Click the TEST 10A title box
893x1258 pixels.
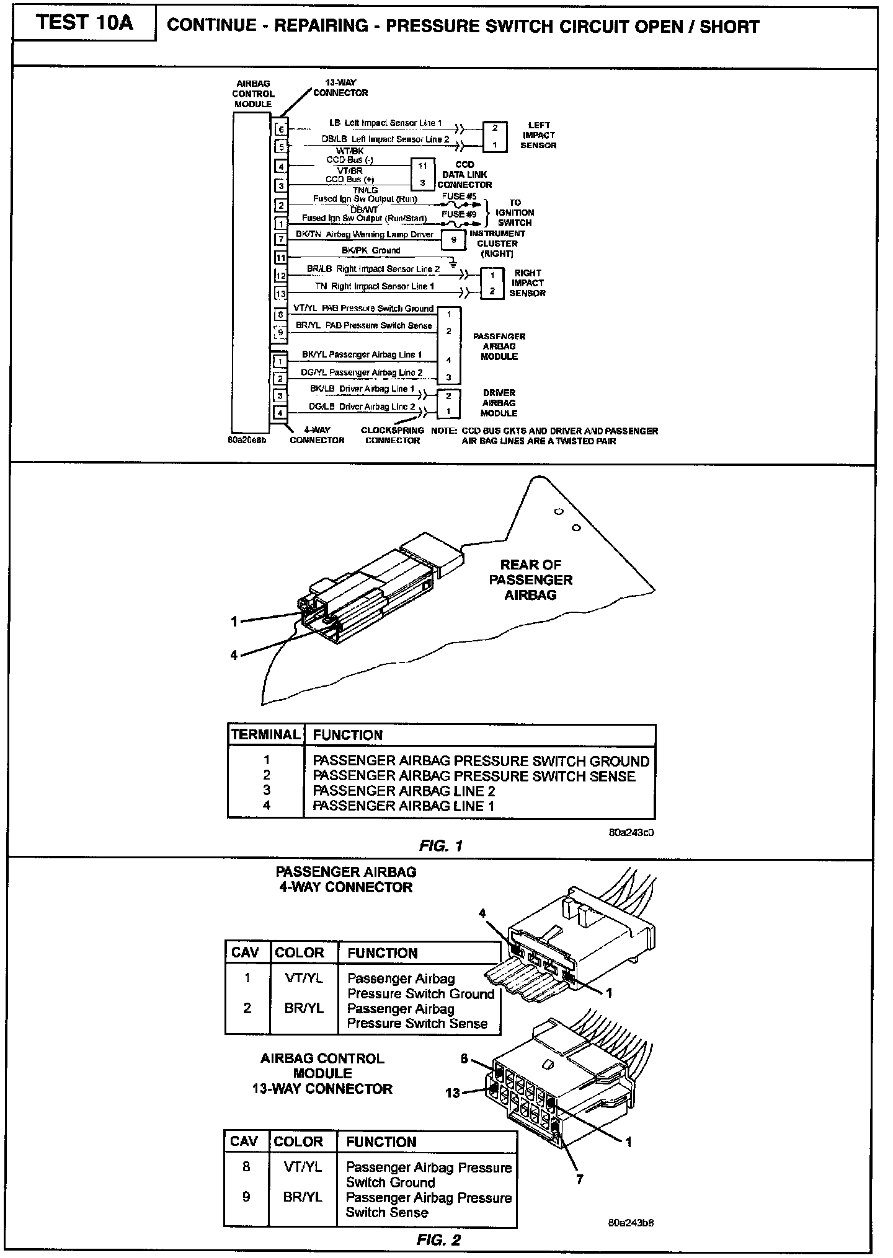(x=84, y=23)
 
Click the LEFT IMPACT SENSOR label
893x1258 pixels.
(x=538, y=135)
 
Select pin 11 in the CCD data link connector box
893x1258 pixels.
(x=422, y=166)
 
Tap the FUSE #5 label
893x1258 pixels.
(x=459, y=196)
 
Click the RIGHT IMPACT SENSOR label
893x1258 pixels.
(x=527, y=283)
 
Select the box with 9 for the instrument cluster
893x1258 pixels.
(x=454, y=239)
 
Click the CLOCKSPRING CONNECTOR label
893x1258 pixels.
(x=393, y=435)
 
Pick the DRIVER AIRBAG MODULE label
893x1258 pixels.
(x=499, y=403)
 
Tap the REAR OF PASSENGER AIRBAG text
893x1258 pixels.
(x=531, y=579)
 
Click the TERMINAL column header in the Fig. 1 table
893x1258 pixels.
(x=265, y=735)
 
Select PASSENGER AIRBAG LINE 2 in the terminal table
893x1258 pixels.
(x=404, y=791)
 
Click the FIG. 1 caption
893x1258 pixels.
(x=440, y=846)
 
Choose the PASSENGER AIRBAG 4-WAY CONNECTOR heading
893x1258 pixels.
(x=345, y=879)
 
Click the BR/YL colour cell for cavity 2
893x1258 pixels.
(x=304, y=1008)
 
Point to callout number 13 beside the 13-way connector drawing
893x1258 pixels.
(x=453, y=1093)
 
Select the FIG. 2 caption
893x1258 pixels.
(x=438, y=1240)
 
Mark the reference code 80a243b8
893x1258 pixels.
(x=631, y=1223)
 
